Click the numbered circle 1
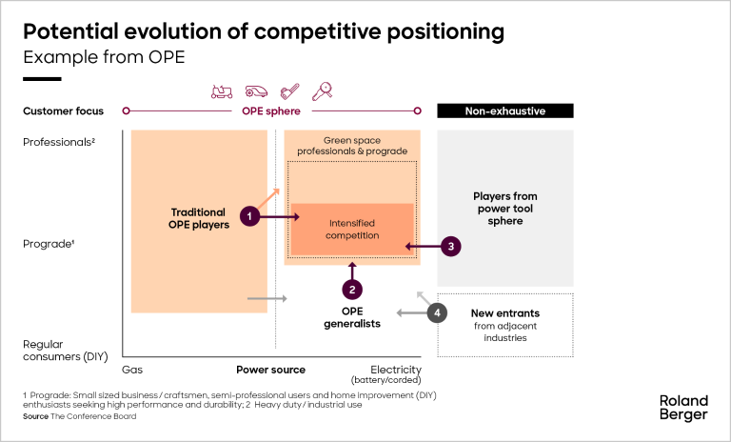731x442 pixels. [249, 217]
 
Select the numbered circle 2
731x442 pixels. [352, 289]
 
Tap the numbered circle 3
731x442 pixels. [452, 246]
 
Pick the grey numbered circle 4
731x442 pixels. [437, 312]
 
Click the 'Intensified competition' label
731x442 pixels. [351, 229]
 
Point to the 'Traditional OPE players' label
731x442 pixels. [198, 218]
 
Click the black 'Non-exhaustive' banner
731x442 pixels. [504, 110]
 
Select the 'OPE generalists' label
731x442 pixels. [352, 317]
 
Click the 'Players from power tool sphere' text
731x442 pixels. [504, 209]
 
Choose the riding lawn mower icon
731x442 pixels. [222, 90]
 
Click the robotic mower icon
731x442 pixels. [256, 90]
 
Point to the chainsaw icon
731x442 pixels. [289, 90]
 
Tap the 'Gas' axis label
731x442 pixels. [131, 370]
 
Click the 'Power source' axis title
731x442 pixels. [270, 370]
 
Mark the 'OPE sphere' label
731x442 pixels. [270, 110]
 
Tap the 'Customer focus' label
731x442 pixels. [63, 110]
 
